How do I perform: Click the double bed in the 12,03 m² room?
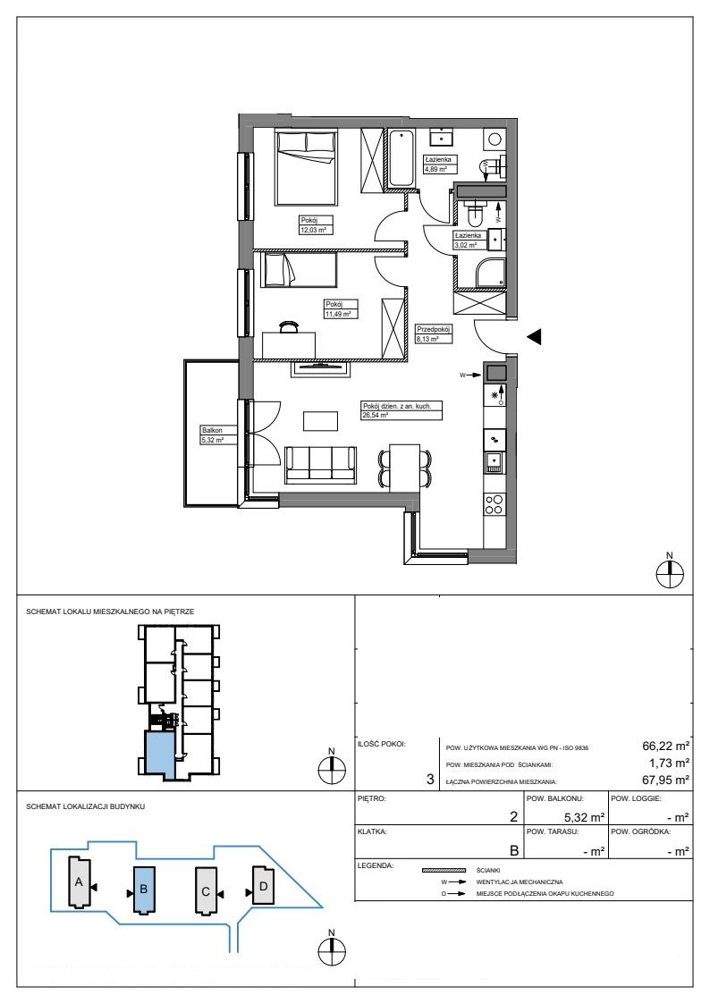[x=306, y=168]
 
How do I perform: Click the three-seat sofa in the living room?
[x=321, y=465]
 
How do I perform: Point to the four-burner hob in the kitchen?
[x=494, y=505]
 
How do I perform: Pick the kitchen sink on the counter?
[x=494, y=462]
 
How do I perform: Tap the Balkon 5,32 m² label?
[x=212, y=435]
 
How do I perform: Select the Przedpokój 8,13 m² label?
[x=434, y=334]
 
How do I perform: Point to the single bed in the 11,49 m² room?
[x=299, y=270]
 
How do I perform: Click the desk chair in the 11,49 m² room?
[x=289, y=327]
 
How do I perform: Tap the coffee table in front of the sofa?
[x=321, y=421]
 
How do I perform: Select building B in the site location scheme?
[x=144, y=890]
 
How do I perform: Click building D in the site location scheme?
[x=263, y=885]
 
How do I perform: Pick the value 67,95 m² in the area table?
[x=665, y=780]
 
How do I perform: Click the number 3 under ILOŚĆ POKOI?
[x=430, y=780]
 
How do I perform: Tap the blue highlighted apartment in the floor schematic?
[x=159, y=755]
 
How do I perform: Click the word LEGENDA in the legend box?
[x=376, y=865]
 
